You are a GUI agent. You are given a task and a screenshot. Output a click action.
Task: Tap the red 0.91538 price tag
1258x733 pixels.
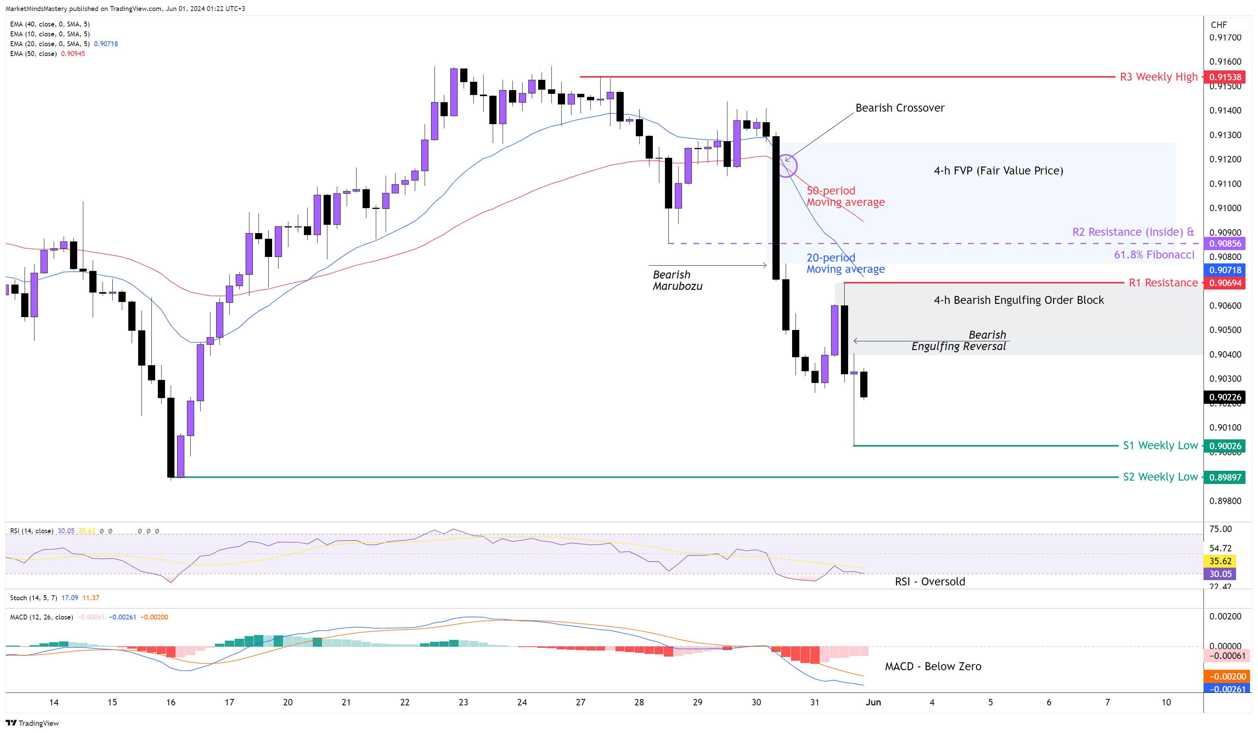(x=1225, y=77)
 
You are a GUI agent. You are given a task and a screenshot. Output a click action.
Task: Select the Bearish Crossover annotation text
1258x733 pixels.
(x=900, y=108)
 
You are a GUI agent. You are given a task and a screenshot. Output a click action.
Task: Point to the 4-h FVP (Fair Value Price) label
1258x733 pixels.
(x=998, y=171)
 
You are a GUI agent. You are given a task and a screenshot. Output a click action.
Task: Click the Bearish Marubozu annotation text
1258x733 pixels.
(x=677, y=280)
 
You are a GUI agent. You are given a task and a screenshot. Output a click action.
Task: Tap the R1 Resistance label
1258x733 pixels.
(x=1163, y=283)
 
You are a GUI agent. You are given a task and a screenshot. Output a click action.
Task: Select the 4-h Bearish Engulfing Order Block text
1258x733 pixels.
(x=1018, y=300)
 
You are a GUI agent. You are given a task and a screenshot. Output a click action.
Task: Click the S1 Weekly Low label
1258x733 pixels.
(x=1160, y=445)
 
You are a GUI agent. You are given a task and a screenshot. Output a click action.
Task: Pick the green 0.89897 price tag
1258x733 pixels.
(x=1225, y=477)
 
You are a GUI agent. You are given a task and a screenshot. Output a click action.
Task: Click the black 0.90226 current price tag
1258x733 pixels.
(x=1225, y=397)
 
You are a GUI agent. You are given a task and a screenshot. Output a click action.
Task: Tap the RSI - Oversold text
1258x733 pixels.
(x=929, y=582)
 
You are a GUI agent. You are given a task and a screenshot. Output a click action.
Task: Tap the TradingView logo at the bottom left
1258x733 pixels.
(x=33, y=723)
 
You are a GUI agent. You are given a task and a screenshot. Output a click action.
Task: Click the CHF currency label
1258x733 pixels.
(x=1219, y=25)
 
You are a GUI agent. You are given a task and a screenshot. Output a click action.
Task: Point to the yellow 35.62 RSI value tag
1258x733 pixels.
(x=1220, y=561)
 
